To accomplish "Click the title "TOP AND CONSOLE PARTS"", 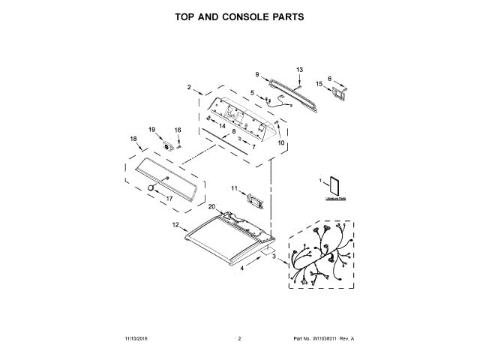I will [x=239, y=16].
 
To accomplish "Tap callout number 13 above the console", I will [x=299, y=70].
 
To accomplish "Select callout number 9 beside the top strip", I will [x=256, y=74].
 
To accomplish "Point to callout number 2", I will [x=189, y=87].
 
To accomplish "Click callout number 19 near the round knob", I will [x=151, y=129].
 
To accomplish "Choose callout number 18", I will [x=133, y=139].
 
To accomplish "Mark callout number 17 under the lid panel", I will [x=169, y=199].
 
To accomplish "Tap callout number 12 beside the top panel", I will [x=175, y=224].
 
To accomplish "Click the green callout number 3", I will [x=274, y=257].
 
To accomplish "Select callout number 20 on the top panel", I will [x=211, y=207].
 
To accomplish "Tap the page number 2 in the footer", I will [x=239, y=339].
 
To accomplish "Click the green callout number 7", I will [x=253, y=147].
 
